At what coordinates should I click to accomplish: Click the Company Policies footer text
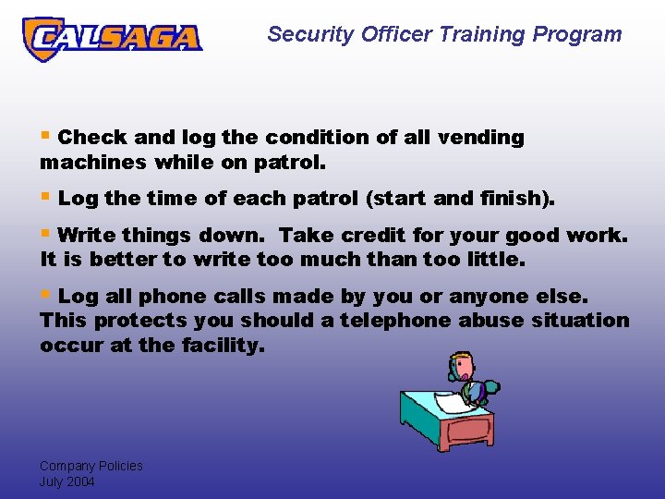pos(91,466)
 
